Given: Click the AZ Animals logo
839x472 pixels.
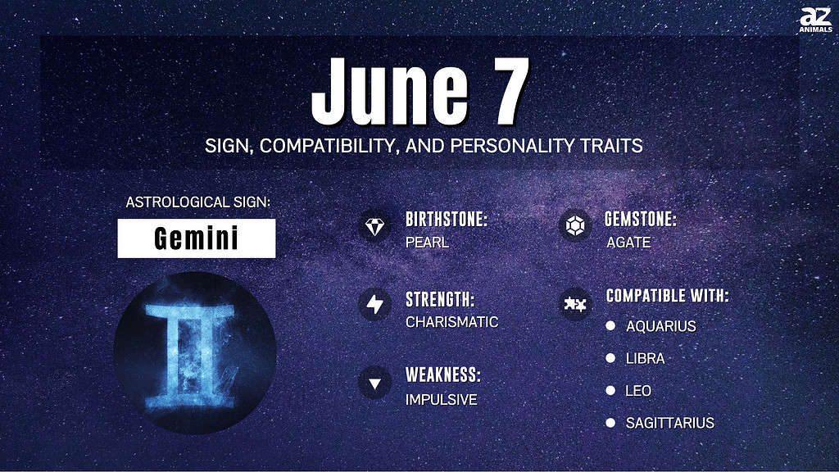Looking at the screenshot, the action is tap(815, 20).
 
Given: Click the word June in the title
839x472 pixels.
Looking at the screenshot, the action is tap(390, 92).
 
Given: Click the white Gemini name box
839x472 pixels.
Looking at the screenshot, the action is tap(197, 238).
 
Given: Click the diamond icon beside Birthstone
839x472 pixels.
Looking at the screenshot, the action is tap(374, 226).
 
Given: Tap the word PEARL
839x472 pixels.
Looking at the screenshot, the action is tap(427, 243).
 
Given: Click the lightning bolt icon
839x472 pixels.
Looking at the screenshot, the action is tap(374, 304).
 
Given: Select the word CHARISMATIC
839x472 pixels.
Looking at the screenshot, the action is tap(451, 321).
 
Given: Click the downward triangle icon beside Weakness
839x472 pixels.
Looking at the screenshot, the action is tap(374, 383).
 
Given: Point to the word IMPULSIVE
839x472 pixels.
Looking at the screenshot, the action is tap(441, 399).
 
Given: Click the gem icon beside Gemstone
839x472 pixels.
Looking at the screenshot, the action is tap(574, 226).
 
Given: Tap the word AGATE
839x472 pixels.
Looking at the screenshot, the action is tap(628, 243).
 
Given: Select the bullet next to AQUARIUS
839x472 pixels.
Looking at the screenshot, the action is tap(610, 325).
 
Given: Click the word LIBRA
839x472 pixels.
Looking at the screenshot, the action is tap(646, 359).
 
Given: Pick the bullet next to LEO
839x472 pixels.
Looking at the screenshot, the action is tap(610, 390).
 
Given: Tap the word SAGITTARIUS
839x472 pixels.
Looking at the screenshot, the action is tap(670, 423).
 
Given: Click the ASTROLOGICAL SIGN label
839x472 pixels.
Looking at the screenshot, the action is tap(198, 202).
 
